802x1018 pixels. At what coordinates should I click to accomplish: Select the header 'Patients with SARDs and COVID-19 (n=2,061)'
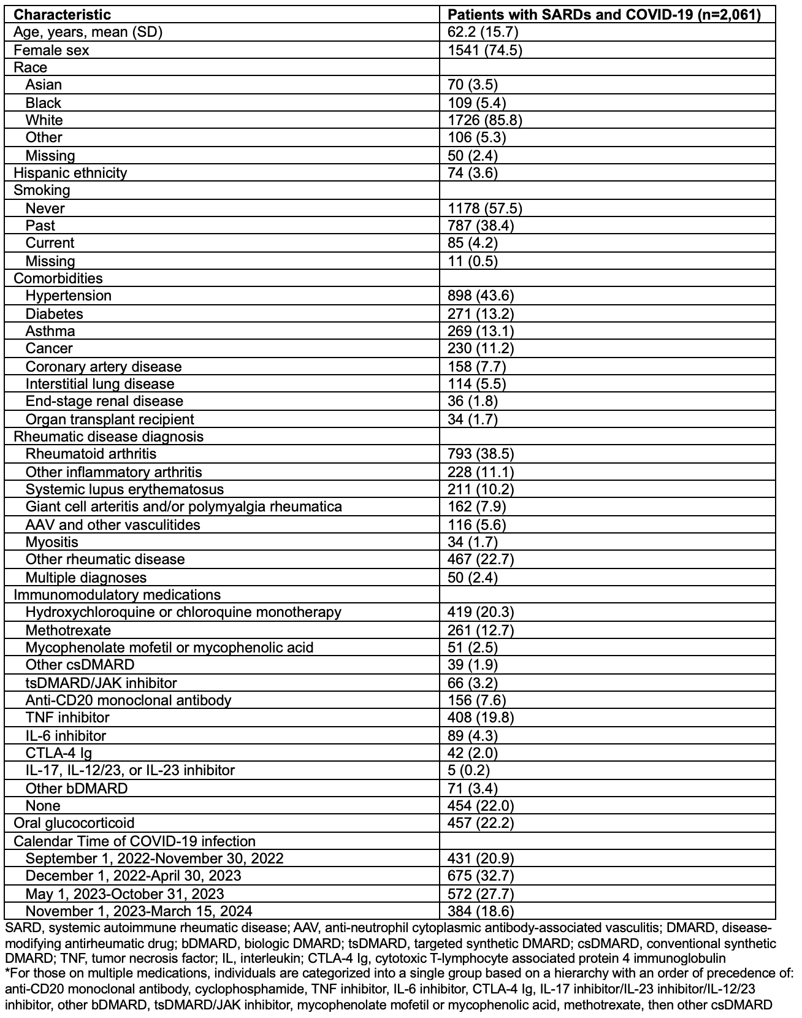coord(605,15)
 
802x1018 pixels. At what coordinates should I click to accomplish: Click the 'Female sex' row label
coord(51,50)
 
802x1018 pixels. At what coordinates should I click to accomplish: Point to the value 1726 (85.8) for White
coord(485,120)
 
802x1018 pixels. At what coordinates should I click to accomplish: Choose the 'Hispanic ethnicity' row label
coord(70,172)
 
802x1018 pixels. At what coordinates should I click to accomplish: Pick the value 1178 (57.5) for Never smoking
coord(485,208)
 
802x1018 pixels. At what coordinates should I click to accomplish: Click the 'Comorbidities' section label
coord(58,278)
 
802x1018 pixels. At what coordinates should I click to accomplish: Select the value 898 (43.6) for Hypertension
coord(481,296)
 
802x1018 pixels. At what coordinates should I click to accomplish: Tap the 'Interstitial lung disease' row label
coord(100,384)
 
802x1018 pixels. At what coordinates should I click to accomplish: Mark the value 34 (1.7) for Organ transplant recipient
coord(473,419)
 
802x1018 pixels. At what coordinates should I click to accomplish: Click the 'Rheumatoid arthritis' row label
coord(91,454)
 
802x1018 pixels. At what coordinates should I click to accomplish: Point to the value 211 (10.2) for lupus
coord(481,489)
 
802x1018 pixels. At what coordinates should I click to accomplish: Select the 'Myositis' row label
coord(52,542)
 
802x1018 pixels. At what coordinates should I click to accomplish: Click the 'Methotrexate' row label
coord(68,630)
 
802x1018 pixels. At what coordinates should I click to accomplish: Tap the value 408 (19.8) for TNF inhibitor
coord(481,718)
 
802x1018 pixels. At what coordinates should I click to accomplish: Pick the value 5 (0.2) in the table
coord(468,770)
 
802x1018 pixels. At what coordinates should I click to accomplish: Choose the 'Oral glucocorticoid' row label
coord(74,823)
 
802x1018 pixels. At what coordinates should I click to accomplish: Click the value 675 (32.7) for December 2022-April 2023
coord(481,876)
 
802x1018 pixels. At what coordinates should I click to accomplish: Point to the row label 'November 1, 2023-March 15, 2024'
coord(139,911)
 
